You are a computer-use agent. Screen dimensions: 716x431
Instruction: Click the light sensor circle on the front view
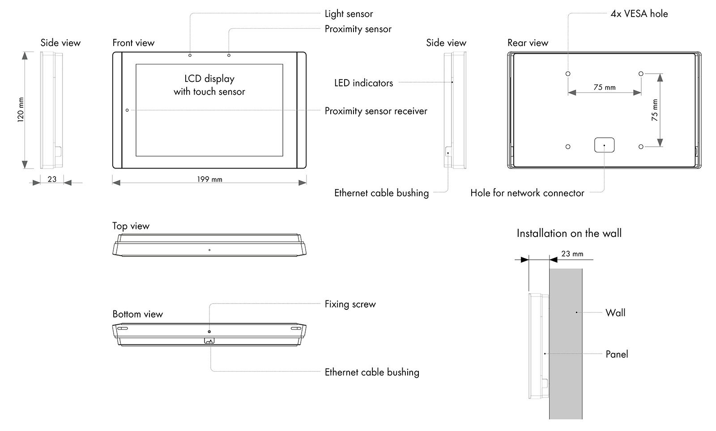pyautogui.click(x=190, y=55)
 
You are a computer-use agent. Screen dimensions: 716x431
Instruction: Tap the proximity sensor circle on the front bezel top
pyautogui.click(x=229, y=55)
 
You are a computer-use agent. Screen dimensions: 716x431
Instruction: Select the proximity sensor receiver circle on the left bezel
pyautogui.click(x=127, y=110)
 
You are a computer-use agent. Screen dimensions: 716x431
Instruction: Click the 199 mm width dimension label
pyautogui.click(x=209, y=179)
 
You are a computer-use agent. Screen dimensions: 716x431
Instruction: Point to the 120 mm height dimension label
pyautogui.click(x=21, y=110)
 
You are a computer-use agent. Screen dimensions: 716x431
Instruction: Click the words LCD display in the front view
pyautogui.click(x=209, y=79)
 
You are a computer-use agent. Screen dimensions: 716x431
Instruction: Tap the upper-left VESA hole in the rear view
pyautogui.click(x=568, y=74)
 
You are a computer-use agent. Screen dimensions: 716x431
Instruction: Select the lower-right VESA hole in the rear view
pyautogui.click(x=641, y=147)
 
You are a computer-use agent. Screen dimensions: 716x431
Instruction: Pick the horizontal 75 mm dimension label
pyautogui.click(x=605, y=87)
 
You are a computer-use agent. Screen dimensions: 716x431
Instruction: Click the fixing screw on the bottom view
pyautogui.click(x=209, y=332)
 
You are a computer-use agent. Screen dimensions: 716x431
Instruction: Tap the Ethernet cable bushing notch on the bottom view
pyautogui.click(x=209, y=341)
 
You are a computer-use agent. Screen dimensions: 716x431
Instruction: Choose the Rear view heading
pyautogui.click(x=528, y=43)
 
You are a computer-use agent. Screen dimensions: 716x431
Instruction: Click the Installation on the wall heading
pyautogui.click(x=569, y=233)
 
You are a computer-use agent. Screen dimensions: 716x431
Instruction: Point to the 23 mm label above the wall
pyautogui.click(x=572, y=254)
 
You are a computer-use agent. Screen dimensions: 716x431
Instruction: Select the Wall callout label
pyautogui.click(x=615, y=313)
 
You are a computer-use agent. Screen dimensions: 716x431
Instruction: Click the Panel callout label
pyautogui.click(x=617, y=354)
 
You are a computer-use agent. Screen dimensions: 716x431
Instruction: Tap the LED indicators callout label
pyautogui.click(x=363, y=83)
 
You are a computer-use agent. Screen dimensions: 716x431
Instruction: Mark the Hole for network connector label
pyautogui.click(x=527, y=193)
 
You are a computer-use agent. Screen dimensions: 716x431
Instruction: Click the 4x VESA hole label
pyautogui.click(x=639, y=14)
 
